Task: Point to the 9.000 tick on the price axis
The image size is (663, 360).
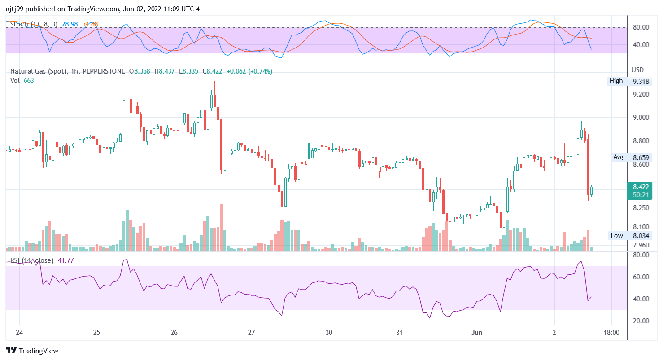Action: pyautogui.click(x=641, y=117)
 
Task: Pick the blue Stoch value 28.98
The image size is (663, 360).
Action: pyautogui.click(x=70, y=24)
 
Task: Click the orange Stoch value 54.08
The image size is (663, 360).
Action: pyautogui.click(x=90, y=24)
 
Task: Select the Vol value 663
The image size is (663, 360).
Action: pyautogui.click(x=29, y=80)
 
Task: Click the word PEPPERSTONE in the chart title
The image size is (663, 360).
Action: pyautogui.click(x=104, y=71)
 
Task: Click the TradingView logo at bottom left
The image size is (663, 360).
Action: pyautogui.click(x=32, y=351)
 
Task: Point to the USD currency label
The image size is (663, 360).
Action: pyautogui.click(x=637, y=70)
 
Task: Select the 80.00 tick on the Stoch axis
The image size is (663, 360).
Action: pyautogui.click(x=641, y=27)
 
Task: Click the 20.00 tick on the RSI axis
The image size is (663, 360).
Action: pyautogui.click(x=641, y=321)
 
